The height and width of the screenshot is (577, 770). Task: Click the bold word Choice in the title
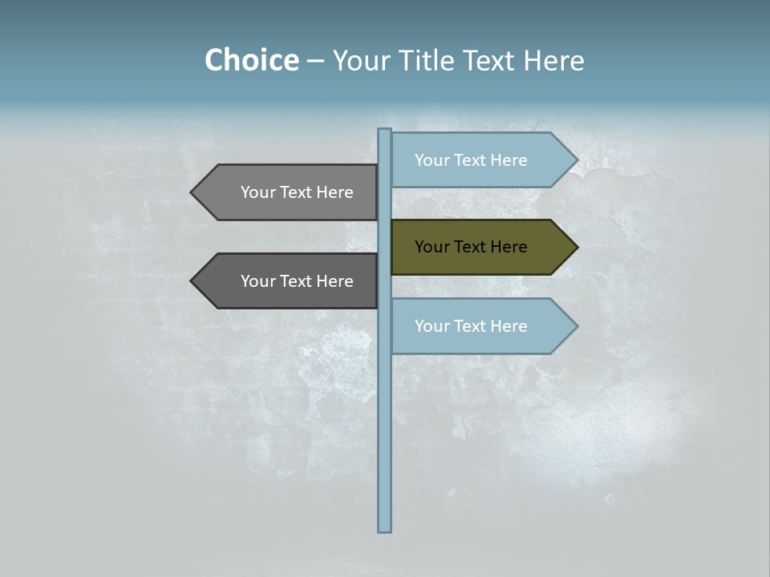tap(251, 60)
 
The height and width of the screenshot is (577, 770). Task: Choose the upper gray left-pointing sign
tap(284, 192)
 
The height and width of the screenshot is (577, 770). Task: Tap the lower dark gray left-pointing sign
tap(284, 281)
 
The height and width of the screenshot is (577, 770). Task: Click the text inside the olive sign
tap(471, 247)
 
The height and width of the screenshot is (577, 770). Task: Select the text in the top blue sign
tap(471, 160)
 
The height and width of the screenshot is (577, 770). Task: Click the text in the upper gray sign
tap(297, 192)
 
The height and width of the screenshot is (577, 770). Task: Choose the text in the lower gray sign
tap(297, 281)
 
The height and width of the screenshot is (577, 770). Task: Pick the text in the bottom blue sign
tap(471, 326)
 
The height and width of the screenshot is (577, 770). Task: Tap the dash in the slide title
tap(315, 61)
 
